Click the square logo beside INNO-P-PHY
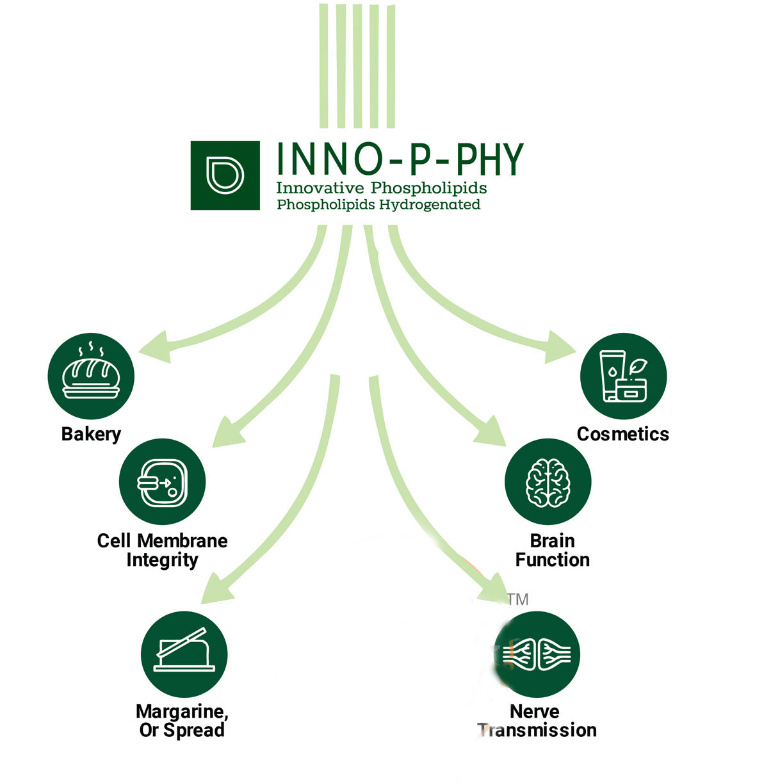click(225, 175)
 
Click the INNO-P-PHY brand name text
click(400, 159)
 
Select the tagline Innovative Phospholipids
click(381, 188)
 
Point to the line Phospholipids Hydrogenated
click(378, 205)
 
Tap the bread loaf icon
click(91, 375)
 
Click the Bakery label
click(91, 434)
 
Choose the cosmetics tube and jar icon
click(623, 376)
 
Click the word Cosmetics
click(622, 434)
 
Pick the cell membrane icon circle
click(162, 482)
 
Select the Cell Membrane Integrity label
click(162, 550)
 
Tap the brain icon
click(548, 482)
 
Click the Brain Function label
click(552, 550)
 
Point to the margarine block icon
click(184, 654)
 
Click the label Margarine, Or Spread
click(182, 720)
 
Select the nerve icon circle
click(537, 654)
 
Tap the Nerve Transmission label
click(537, 720)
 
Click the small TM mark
click(518, 599)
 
